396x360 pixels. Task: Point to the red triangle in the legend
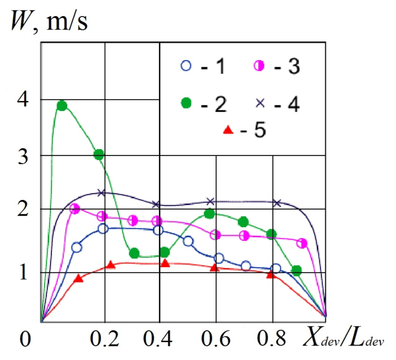pyautogui.click(x=228, y=130)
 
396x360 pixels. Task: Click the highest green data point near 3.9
pyautogui.click(x=62, y=106)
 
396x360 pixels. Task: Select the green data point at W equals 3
pyautogui.click(x=99, y=154)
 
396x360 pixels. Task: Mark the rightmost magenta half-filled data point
pyautogui.click(x=302, y=243)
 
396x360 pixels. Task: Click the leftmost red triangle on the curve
pyautogui.click(x=78, y=279)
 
